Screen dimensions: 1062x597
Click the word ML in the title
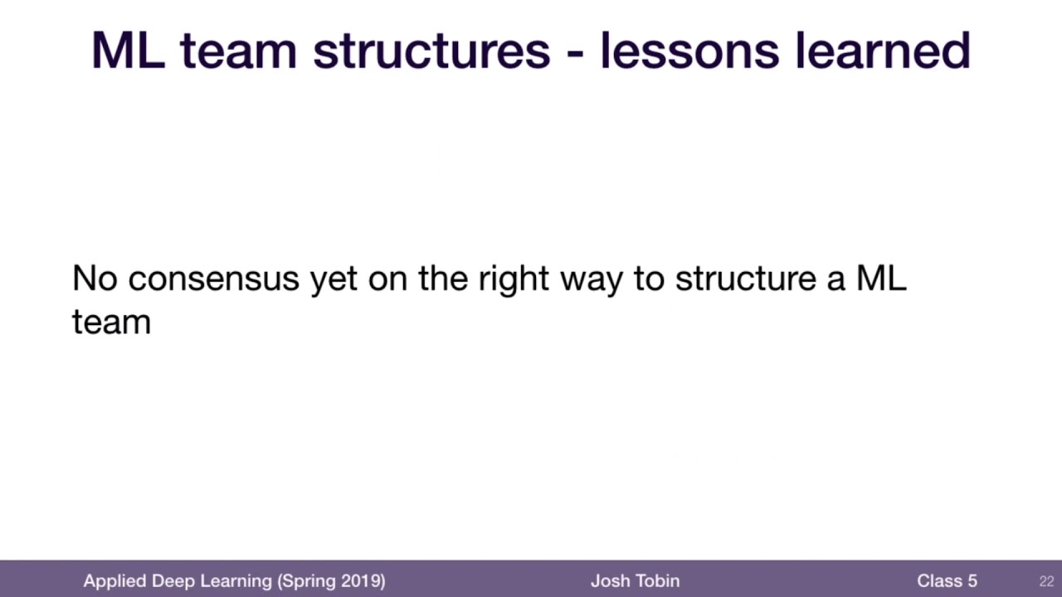click(x=128, y=51)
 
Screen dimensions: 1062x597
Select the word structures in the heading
click(x=431, y=51)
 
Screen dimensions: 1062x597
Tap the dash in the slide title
click(x=575, y=55)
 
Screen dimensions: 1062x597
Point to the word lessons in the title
click(x=689, y=51)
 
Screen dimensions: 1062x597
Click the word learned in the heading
click(x=883, y=51)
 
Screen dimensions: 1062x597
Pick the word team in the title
click(x=238, y=51)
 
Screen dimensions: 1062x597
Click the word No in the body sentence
click(x=95, y=278)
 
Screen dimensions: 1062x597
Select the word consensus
click(x=214, y=279)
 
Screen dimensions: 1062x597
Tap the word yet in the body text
click(x=334, y=281)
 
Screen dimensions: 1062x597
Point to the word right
click(x=514, y=279)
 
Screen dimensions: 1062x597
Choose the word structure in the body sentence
click(x=746, y=279)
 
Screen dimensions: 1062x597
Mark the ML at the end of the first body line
click(x=881, y=278)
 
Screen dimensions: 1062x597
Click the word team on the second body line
click(x=111, y=323)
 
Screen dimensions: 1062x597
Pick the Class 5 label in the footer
click(x=947, y=581)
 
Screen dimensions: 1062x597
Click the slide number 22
click(x=1046, y=581)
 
